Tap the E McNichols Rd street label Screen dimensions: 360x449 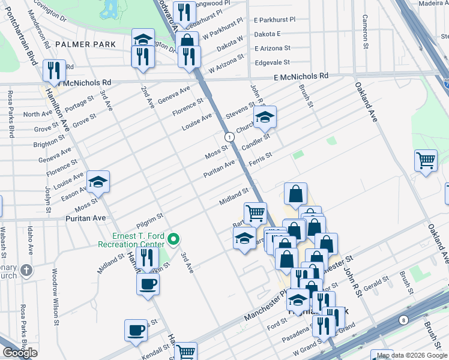pos(301,77)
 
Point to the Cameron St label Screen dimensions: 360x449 pos(364,30)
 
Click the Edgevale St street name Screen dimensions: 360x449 pos(273,62)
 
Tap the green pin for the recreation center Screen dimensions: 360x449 pos(174,239)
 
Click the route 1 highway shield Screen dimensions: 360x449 pos(229,137)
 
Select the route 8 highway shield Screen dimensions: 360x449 pos(404,320)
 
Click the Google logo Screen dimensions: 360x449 pos(20,353)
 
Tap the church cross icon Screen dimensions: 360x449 pos(25,270)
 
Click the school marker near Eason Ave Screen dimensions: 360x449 pos(98,181)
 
